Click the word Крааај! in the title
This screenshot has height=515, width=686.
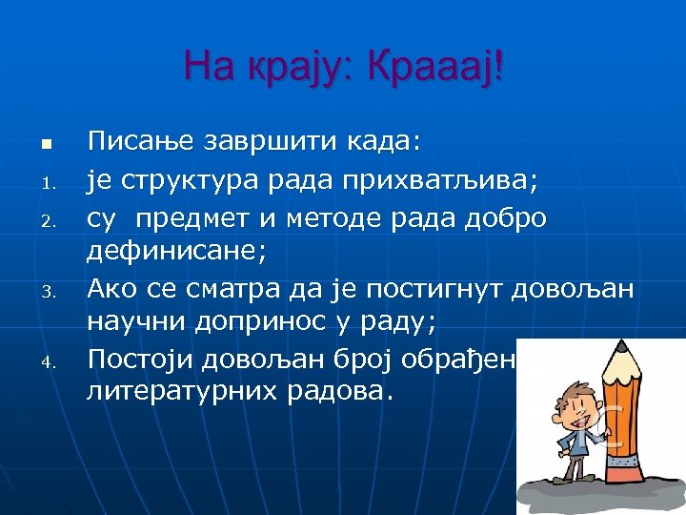click(x=433, y=66)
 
